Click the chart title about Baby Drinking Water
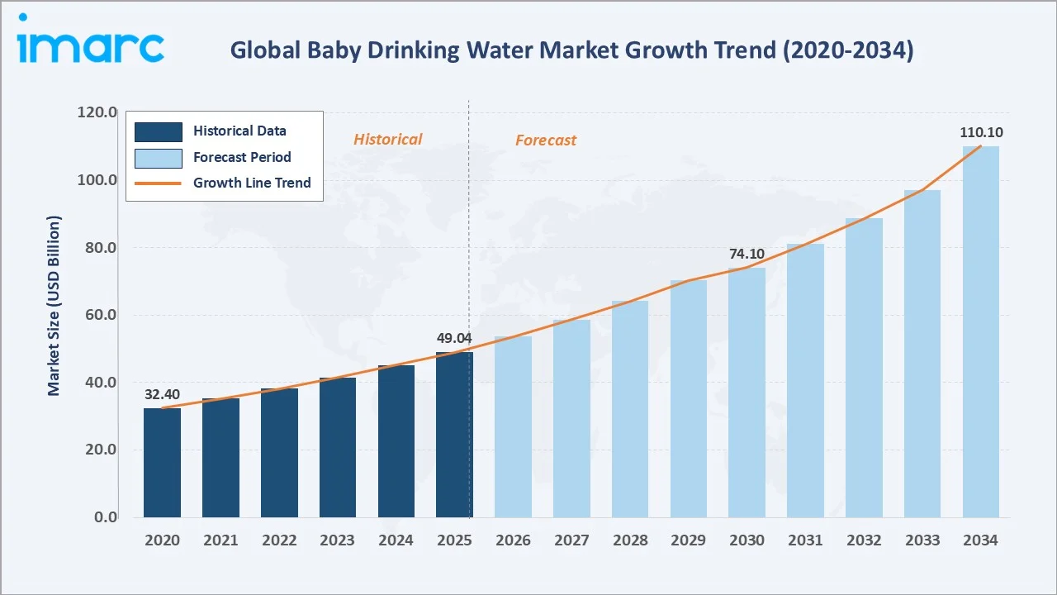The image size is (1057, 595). (571, 51)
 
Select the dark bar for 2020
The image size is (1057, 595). (162, 463)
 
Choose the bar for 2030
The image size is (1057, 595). (747, 393)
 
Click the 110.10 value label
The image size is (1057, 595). (980, 132)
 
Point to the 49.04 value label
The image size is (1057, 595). (454, 338)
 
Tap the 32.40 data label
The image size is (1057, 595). (162, 394)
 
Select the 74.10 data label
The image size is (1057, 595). (747, 254)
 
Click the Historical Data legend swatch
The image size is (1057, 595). (159, 131)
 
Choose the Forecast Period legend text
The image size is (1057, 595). (242, 157)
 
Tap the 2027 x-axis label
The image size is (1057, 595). (571, 540)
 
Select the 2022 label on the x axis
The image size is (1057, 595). (279, 540)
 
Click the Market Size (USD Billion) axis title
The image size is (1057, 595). (55, 306)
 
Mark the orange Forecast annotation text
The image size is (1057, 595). (545, 140)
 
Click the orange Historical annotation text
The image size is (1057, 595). (387, 140)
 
